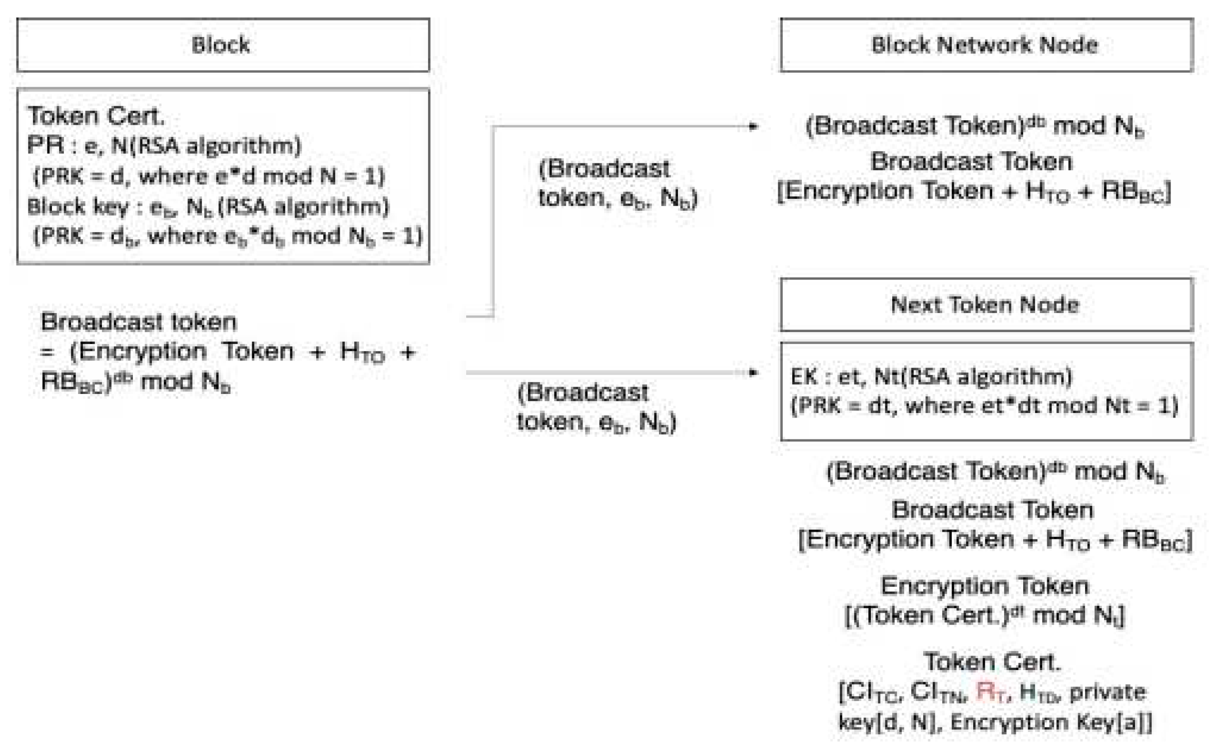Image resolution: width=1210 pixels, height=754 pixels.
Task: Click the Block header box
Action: pyautogui.click(x=223, y=45)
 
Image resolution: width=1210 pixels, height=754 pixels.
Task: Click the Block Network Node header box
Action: pyautogui.click(x=986, y=45)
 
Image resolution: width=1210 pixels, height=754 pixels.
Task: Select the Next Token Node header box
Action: pyautogui.click(x=986, y=305)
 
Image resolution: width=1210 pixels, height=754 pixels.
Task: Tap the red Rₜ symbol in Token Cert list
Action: pyautogui.click(x=989, y=693)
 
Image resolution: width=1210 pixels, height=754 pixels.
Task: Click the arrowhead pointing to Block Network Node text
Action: pyautogui.click(x=753, y=127)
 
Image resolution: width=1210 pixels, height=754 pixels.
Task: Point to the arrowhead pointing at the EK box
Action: pyautogui.click(x=753, y=373)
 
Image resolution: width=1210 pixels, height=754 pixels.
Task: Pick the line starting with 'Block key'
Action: pyautogui.click(x=208, y=207)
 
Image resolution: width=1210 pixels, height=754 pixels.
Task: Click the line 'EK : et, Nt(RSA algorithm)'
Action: pyautogui.click(x=931, y=377)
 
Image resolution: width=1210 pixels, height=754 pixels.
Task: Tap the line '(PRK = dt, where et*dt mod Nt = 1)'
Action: pyautogui.click(x=984, y=405)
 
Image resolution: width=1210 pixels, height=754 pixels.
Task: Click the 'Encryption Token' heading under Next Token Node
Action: pyautogui.click(x=984, y=586)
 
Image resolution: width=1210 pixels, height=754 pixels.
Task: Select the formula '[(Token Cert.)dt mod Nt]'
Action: pyautogui.click(x=984, y=615)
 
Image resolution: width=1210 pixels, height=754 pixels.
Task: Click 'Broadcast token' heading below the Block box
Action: pyautogui.click(x=139, y=322)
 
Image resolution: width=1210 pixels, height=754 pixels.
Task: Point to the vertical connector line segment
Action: pyautogui.click(x=493, y=220)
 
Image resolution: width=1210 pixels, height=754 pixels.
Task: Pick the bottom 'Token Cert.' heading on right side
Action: pyautogui.click(x=992, y=662)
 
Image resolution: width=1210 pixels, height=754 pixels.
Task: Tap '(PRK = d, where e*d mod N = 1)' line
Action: pyautogui.click(x=209, y=176)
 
